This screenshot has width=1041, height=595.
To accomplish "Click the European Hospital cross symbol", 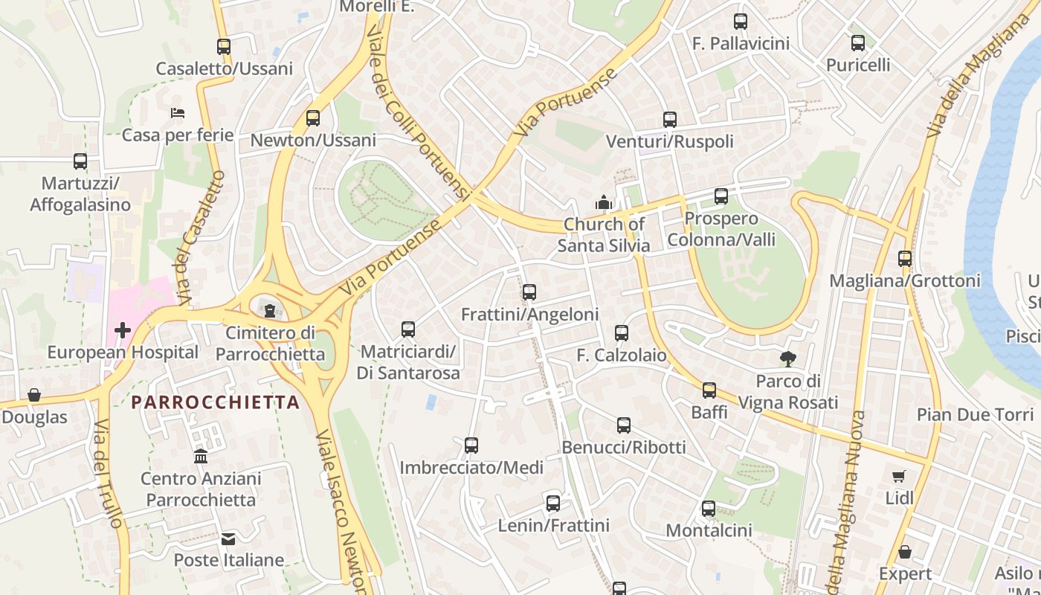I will click(123, 329).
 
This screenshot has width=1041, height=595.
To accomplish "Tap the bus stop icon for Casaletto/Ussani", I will click(224, 46).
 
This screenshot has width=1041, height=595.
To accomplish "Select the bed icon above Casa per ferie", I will click(178, 113).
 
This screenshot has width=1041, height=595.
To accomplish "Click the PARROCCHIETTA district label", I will click(216, 402).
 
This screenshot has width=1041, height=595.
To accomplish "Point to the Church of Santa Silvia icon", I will click(603, 202).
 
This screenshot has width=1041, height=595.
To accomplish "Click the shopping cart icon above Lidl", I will click(899, 476).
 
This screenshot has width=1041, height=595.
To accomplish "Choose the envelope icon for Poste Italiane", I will click(228, 538).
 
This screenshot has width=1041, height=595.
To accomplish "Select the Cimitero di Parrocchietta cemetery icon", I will click(270, 310).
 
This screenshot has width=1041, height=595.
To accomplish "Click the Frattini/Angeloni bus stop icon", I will click(529, 292).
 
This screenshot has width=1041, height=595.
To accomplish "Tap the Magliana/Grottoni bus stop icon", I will click(905, 259).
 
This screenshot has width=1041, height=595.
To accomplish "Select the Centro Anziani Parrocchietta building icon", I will click(201, 456).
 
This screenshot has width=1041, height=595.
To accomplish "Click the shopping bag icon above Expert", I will click(905, 552).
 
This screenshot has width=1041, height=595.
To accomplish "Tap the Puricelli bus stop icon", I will click(858, 42).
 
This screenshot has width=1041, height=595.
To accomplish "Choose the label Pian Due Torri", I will click(975, 414).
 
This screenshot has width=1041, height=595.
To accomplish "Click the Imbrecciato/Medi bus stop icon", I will click(471, 446).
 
